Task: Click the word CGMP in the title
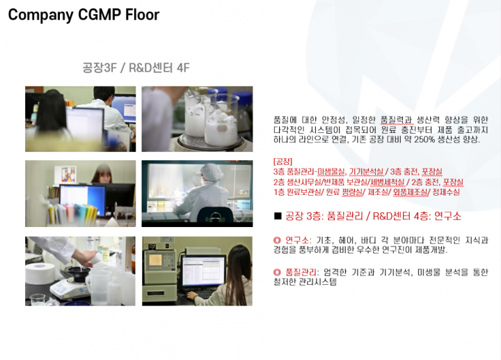[x=100, y=15]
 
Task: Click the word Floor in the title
[x=142, y=15]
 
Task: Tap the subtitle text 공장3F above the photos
[x=100, y=68]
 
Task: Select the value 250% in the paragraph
[x=424, y=139]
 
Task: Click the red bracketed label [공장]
[x=283, y=161]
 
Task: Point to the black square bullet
[x=278, y=216]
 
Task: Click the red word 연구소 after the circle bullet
[x=296, y=240]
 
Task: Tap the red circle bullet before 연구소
[x=277, y=240]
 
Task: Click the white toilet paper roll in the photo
[x=40, y=274]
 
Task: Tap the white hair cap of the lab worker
[x=212, y=172]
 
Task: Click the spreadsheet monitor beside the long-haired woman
[x=203, y=272]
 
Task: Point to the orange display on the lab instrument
[x=155, y=260]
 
